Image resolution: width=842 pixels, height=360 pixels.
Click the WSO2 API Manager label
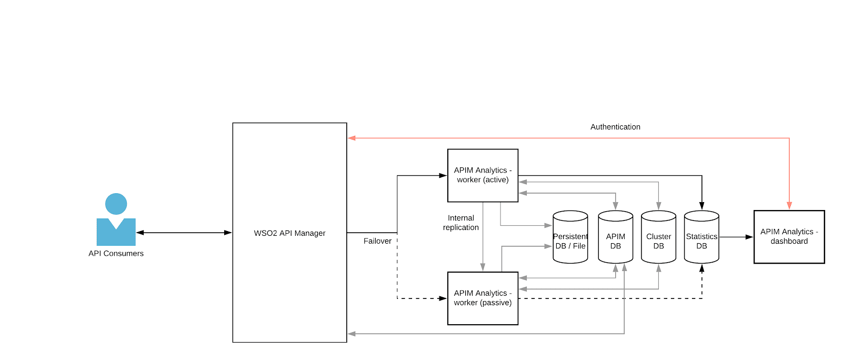coord(289,233)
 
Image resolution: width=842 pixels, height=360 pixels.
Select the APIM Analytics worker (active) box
coord(483,175)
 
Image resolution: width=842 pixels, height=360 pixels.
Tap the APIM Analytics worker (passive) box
coord(483,298)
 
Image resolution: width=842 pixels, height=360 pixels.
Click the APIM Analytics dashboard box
coord(789,237)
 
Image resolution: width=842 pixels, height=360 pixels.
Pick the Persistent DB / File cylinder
coord(570,241)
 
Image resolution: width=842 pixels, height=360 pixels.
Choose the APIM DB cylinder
coord(615,241)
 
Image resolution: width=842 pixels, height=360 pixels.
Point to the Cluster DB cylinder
coord(658,241)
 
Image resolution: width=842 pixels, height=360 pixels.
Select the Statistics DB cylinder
coord(701,241)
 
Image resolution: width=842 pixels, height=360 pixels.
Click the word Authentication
coord(615,127)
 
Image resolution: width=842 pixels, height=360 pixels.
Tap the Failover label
coord(377,241)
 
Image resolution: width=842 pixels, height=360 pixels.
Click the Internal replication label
coord(460,223)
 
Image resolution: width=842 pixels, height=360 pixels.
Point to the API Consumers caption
coord(116,254)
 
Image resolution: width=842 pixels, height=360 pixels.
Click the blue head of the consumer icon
coord(116,204)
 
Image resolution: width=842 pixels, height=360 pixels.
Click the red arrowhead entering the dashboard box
coord(789,206)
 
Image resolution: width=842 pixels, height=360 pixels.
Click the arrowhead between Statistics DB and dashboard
coord(749,237)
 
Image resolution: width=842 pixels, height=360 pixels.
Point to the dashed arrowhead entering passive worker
coord(443,298)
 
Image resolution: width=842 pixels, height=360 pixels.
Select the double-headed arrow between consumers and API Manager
coord(184,233)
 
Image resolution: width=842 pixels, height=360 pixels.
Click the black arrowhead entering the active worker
coord(443,175)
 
